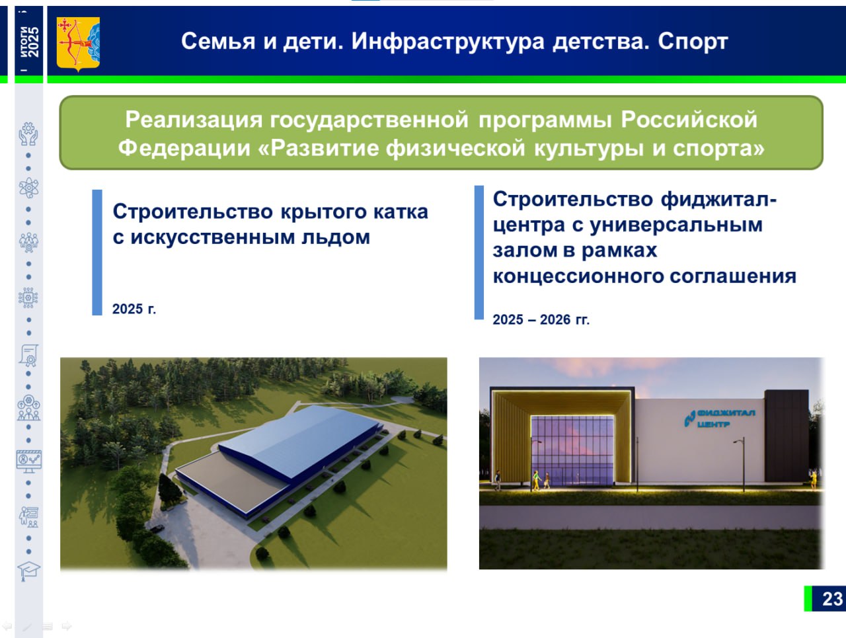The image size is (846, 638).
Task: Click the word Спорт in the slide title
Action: [x=693, y=42]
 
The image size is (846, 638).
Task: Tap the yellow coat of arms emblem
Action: [x=78, y=44]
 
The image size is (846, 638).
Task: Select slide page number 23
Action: [x=832, y=599]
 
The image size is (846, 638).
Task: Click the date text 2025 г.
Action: [x=134, y=309]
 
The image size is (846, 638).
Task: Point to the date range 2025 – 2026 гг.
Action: [x=541, y=319]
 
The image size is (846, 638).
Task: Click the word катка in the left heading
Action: [x=401, y=212]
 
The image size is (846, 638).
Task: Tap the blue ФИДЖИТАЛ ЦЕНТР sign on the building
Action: [x=719, y=419]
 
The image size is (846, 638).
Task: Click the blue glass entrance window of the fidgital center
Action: [x=572, y=450]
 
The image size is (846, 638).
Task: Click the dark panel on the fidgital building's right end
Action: [x=787, y=436]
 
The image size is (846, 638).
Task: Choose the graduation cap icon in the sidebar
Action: [x=28, y=571]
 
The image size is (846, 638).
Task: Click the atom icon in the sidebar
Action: [x=28, y=188]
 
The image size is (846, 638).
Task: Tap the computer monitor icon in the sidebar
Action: [x=29, y=461]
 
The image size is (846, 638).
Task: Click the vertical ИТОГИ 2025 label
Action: [x=29, y=42]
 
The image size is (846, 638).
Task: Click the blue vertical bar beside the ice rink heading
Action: [x=97, y=253]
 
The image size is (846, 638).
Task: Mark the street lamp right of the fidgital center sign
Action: [x=742, y=465]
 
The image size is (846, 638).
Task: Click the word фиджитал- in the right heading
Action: [x=719, y=200]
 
